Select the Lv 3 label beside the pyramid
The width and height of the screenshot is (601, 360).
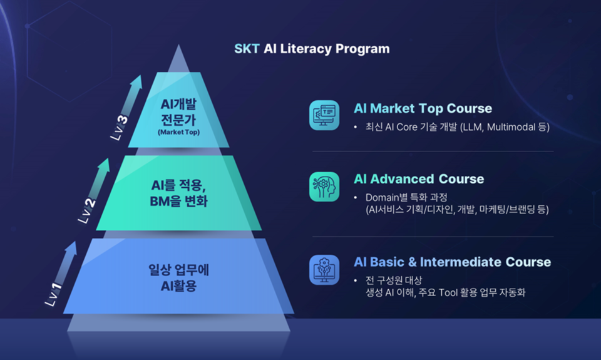[x=120, y=128]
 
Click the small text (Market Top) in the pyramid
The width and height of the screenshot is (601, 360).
[x=179, y=133]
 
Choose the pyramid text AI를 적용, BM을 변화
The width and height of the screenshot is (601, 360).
[x=179, y=193]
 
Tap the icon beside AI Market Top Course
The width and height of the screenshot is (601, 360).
[x=324, y=115]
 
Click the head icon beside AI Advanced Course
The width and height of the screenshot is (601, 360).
[x=324, y=187]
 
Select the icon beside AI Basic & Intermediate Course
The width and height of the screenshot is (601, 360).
[x=324, y=270]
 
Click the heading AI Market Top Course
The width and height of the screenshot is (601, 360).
[x=423, y=108]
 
